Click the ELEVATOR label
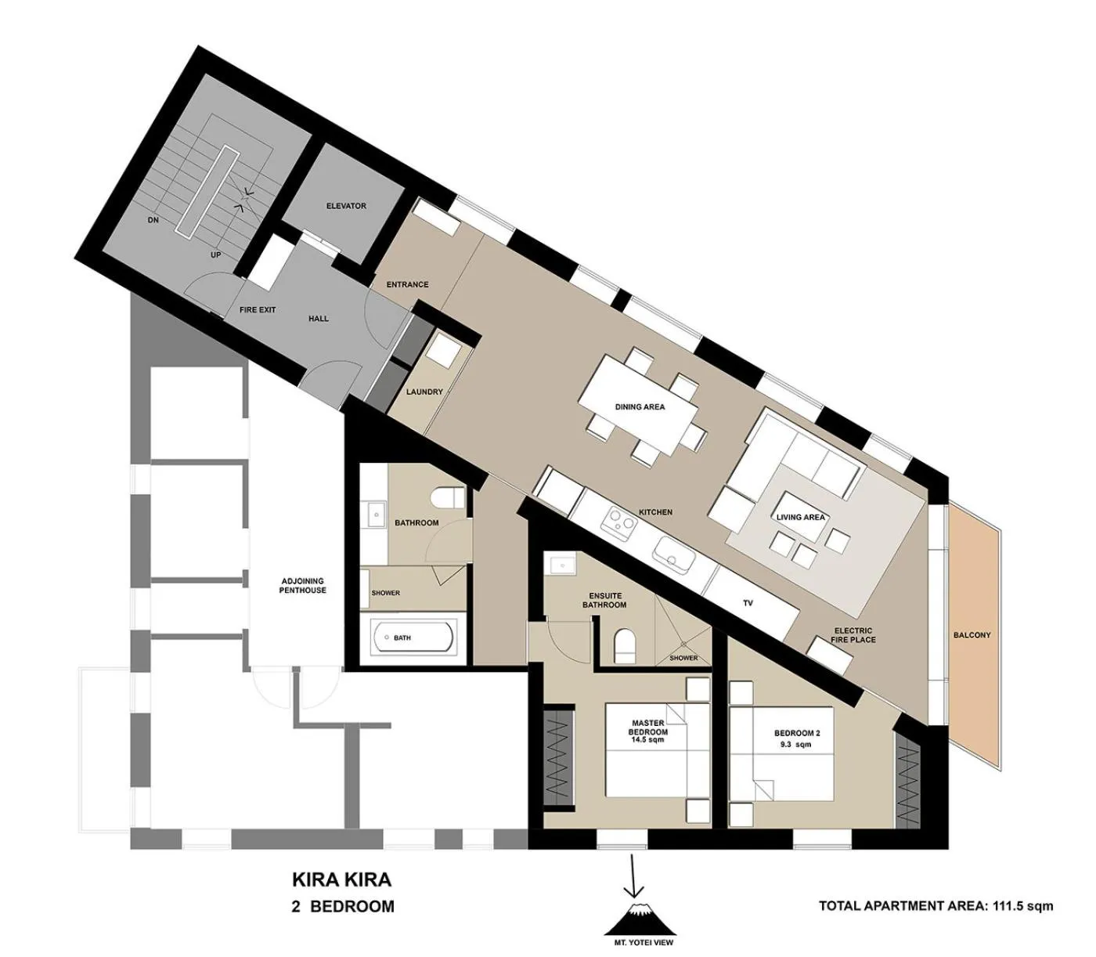coord(346,206)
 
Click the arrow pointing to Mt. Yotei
coord(633,877)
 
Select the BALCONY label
coord(972,635)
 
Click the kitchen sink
coord(674,554)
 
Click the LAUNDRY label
coord(424,392)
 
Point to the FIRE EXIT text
coord(258,310)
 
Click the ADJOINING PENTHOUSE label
coord(302,585)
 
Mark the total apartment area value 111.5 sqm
coord(1022,906)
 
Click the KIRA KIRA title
coord(341,879)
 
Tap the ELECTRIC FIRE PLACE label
coord(854,635)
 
